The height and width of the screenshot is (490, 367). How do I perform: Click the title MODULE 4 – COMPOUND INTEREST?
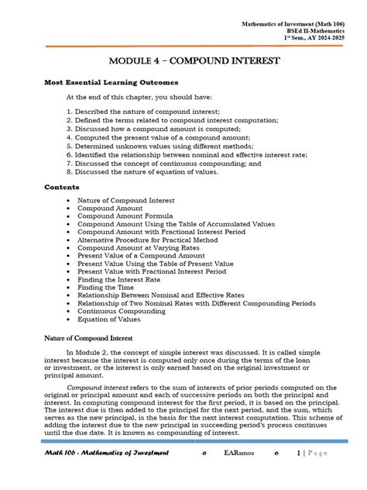tap(183, 60)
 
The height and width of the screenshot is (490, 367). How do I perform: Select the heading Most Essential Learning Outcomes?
tap(111, 81)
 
